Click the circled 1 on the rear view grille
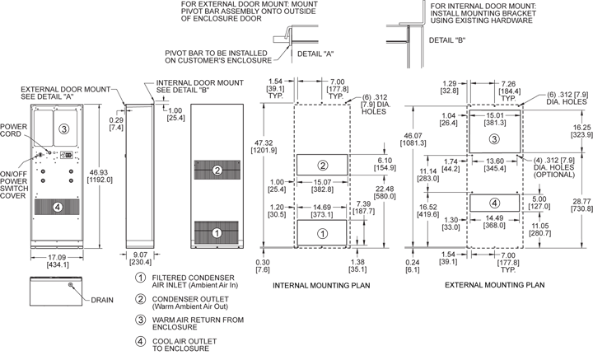point(217,233)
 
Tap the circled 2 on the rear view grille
point(217,171)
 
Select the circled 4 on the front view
point(57,207)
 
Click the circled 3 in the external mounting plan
point(494,138)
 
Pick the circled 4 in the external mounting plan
point(494,203)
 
